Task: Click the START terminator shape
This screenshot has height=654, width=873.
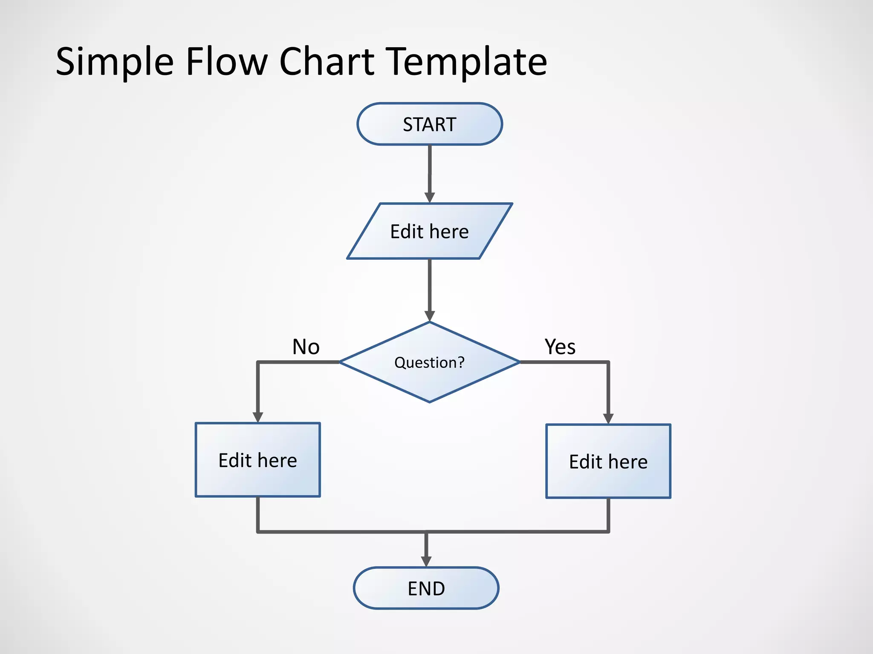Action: point(430,124)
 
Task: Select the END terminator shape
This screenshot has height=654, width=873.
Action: point(426,588)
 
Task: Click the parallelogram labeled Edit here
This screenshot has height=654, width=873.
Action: point(430,231)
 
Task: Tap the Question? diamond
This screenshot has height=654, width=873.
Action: point(430,362)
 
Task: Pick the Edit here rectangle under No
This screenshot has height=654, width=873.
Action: point(257,460)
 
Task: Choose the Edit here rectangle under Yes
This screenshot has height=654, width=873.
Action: point(608,461)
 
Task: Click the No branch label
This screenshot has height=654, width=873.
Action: point(306,347)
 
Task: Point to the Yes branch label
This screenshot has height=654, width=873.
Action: point(560,347)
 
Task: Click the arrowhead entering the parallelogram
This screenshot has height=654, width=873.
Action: point(430,198)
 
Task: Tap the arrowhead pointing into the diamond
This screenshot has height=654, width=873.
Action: point(430,316)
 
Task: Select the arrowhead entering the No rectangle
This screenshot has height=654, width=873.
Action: point(257,417)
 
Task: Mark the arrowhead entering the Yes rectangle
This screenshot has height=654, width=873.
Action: point(608,418)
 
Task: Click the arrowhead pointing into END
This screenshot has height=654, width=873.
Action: point(426,561)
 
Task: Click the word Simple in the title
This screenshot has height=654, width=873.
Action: point(114,62)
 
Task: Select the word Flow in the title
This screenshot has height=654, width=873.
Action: point(226,62)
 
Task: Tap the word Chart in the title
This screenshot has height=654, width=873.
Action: point(327,62)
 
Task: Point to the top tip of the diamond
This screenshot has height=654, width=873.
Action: point(430,323)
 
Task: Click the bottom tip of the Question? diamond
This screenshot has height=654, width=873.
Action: point(430,402)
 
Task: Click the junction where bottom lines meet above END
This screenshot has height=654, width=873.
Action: point(426,532)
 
